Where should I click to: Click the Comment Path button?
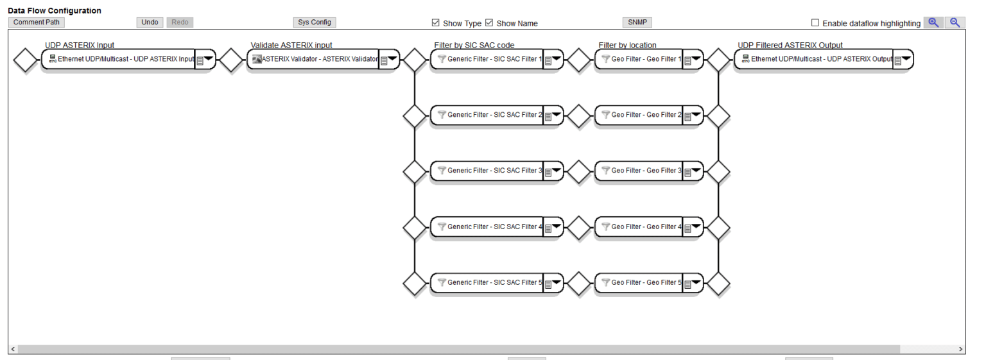coord(36,22)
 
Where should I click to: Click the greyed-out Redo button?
coord(180,22)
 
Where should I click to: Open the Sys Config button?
coord(315,22)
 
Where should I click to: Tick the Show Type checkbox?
coord(436,23)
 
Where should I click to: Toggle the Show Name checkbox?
coord(489,23)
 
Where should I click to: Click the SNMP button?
coord(637,22)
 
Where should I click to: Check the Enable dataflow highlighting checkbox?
coord(815,23)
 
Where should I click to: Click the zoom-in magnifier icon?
coord(933,22)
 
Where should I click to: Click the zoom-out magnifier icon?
coord(955,22)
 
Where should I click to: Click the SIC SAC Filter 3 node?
coord(488,171)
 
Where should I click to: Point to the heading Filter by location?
coord(627,45)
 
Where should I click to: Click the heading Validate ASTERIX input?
coord(291,45)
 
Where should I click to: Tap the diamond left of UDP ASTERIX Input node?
coord(26,60)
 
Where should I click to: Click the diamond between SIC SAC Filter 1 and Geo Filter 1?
coord(580,60)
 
